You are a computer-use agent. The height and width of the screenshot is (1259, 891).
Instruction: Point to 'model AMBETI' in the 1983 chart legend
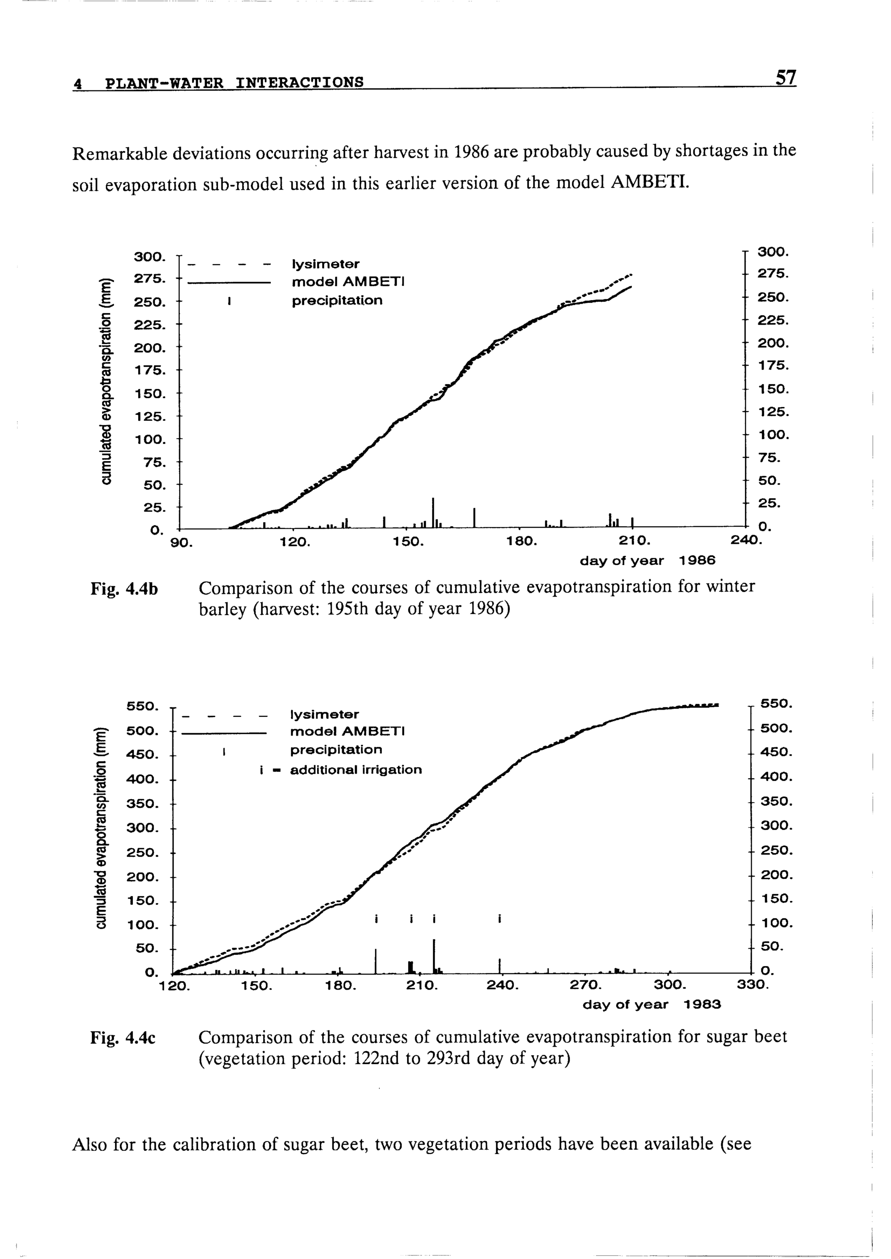click(x=346, y=731)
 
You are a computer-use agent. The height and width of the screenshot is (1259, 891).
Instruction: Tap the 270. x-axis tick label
click(x=586, y=985)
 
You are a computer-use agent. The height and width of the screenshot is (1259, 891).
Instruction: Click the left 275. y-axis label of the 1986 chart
click(x=149, y=279)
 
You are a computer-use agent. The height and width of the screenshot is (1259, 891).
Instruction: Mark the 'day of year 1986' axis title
click(x=647, y=561)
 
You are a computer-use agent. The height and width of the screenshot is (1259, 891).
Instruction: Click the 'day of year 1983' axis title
click(x=651, y=1004)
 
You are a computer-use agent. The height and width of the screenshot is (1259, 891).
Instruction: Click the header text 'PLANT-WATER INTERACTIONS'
click(x=234, y=83)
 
